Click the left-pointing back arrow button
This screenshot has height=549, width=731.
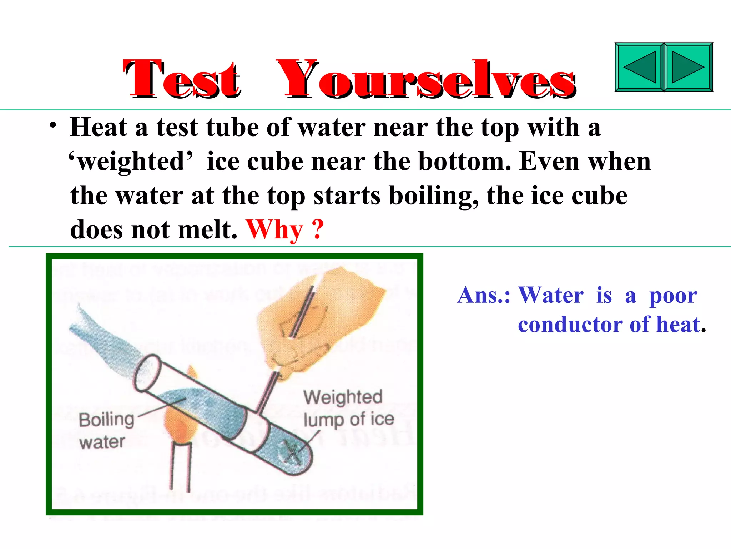click(x=639, y=67)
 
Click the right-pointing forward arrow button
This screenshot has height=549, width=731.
click(x=688, y=67)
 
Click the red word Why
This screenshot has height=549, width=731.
click(x=274, y=229)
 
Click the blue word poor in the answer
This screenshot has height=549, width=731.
click(x=673, y=296)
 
